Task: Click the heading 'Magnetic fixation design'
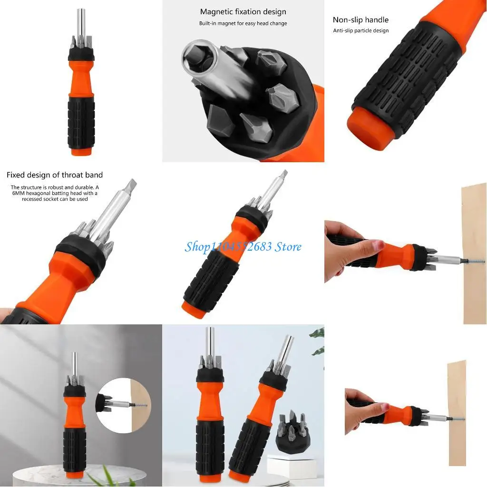click(x=243, y=12)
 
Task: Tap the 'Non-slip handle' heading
click(x=360, y=20)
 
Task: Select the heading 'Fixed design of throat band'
click(x=55, y=175)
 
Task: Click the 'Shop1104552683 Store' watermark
click(x=243, y=246)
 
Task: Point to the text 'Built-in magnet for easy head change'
click(x=243, y=23)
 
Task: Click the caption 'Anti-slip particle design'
click(x=360, y=31)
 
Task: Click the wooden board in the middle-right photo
click(x=474, y=252)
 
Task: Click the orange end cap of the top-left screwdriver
click(x=81, y=151)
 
